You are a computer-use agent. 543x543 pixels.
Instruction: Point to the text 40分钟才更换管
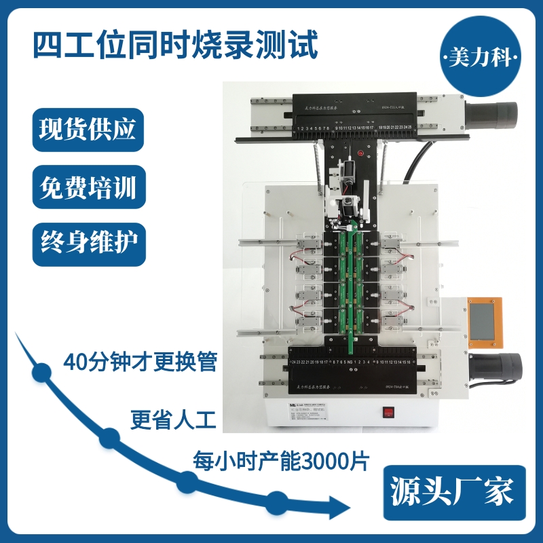coord(139,362)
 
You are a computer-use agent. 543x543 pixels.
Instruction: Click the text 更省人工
coord(173,420)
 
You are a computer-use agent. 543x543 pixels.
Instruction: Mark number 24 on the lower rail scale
coord(293,362)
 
